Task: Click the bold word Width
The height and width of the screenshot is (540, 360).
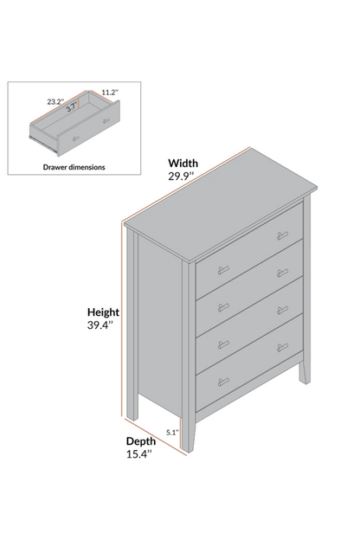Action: pyautogui.click(x=183, y=163)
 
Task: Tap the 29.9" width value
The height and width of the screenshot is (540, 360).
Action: pyautogui.click(x=181, y=176)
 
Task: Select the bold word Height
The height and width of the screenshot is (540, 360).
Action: pyautogui.click(x=103, y=312)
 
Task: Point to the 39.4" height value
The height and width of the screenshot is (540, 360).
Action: pyautogui.click(x=100, y=325)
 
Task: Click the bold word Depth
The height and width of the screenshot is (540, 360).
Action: pyautogui.click(x=140, y=441)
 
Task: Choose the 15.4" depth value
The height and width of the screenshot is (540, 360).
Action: pyautogui.click(x=139, y=454)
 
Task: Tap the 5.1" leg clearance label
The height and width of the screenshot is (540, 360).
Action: pyautogui.click(x=173, y=432)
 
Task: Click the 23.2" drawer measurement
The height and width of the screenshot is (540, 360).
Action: pyautogui.click(x=55, y=101)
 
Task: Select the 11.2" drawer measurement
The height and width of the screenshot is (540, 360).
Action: pyautogui.click(x=110, y=93)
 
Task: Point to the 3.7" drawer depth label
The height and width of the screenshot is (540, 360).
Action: pyautogui.click(x=72, y=107)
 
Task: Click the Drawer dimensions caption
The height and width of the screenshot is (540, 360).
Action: pyautogui.click(x=74, y=167)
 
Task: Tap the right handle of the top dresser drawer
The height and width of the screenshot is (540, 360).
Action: pyautogui.click(x=282, y=235)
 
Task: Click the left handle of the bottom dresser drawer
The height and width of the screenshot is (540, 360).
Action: pyautogui.click(x=223, y=382)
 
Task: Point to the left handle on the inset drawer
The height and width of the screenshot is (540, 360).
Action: pyautogui.click(x=76, y=138)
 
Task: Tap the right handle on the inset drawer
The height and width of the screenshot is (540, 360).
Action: pyautogui.click(x=106, y=120)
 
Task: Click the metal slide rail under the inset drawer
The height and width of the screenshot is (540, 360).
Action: pyautogui.click(x=43, y=145)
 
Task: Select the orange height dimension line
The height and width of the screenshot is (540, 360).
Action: pyautogui.click(x=122, y=320)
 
